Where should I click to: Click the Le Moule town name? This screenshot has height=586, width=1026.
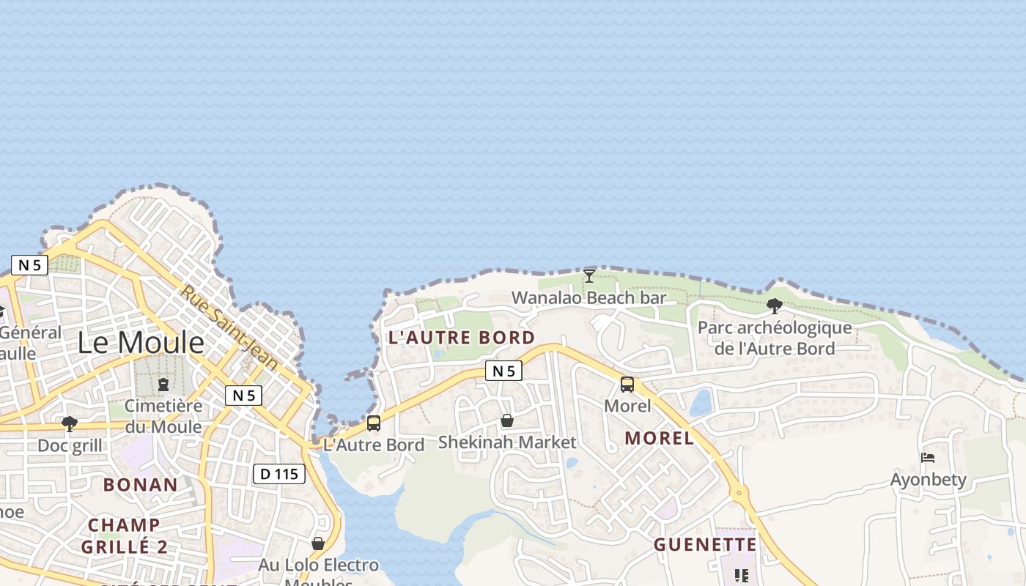[x=141, y=343]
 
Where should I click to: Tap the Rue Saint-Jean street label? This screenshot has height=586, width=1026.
[x=230, y=327]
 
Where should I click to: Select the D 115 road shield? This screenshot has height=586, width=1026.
[x=279, y=474]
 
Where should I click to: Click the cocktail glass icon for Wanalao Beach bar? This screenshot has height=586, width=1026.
[x=589, y=276]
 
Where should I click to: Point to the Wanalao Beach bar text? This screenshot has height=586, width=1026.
[x=589, y=297]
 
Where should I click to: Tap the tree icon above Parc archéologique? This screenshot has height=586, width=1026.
[x=774, y=306]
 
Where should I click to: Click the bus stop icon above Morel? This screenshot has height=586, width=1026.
[x=627, y=385]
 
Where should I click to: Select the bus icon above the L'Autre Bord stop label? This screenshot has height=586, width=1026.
[x=374, y=423]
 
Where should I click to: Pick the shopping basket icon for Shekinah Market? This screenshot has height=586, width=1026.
[x=507, y=420]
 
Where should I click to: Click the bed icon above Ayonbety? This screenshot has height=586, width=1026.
[x=928, y=459]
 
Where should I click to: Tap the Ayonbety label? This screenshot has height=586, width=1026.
[x=929, y=480]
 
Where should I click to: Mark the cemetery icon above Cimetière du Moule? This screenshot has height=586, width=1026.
[x=163, y=385]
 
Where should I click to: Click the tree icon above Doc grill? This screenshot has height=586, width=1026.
[x=70, y=424]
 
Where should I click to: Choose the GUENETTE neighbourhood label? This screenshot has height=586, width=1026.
[x=705, y=544]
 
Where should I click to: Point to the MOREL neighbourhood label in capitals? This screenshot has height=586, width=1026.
[x=660, y=438]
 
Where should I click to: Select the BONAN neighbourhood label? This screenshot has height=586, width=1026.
[x=140, y=485]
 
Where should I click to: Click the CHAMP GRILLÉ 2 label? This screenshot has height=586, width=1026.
[x=124, y=535]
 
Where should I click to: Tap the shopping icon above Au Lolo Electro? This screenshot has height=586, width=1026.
[x=318, y=544]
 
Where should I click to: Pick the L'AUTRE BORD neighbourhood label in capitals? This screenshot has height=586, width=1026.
[x=462, y=338]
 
